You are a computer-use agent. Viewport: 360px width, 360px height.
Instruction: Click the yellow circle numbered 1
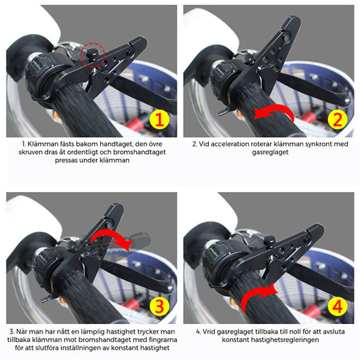coord(159,119)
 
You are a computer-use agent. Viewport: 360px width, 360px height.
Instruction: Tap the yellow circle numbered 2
coord(337,119)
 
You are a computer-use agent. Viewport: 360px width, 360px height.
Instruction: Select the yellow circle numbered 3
coord(159,306)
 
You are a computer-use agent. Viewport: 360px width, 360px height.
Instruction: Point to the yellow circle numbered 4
coord(337,306)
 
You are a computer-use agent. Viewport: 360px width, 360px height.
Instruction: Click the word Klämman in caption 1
coord(43,144)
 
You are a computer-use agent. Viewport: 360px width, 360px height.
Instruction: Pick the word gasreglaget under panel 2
coord(270,152)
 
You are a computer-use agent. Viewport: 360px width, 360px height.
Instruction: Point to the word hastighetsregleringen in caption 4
coord(285,340)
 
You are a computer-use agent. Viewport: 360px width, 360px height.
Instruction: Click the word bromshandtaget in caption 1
coord(139,152)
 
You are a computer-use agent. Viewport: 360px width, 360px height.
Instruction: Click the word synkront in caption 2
coord(318,144)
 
